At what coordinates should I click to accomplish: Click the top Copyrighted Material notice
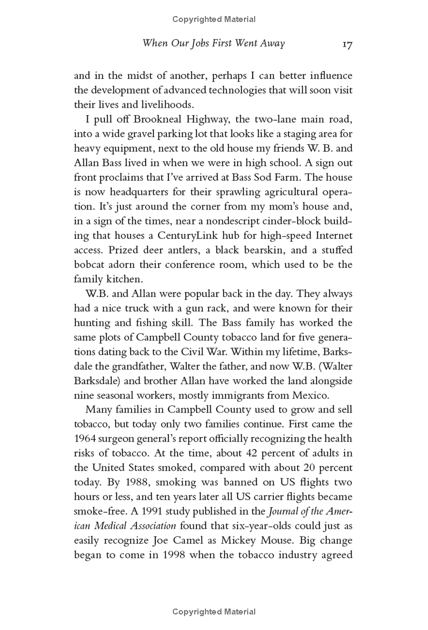pos(214,19)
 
